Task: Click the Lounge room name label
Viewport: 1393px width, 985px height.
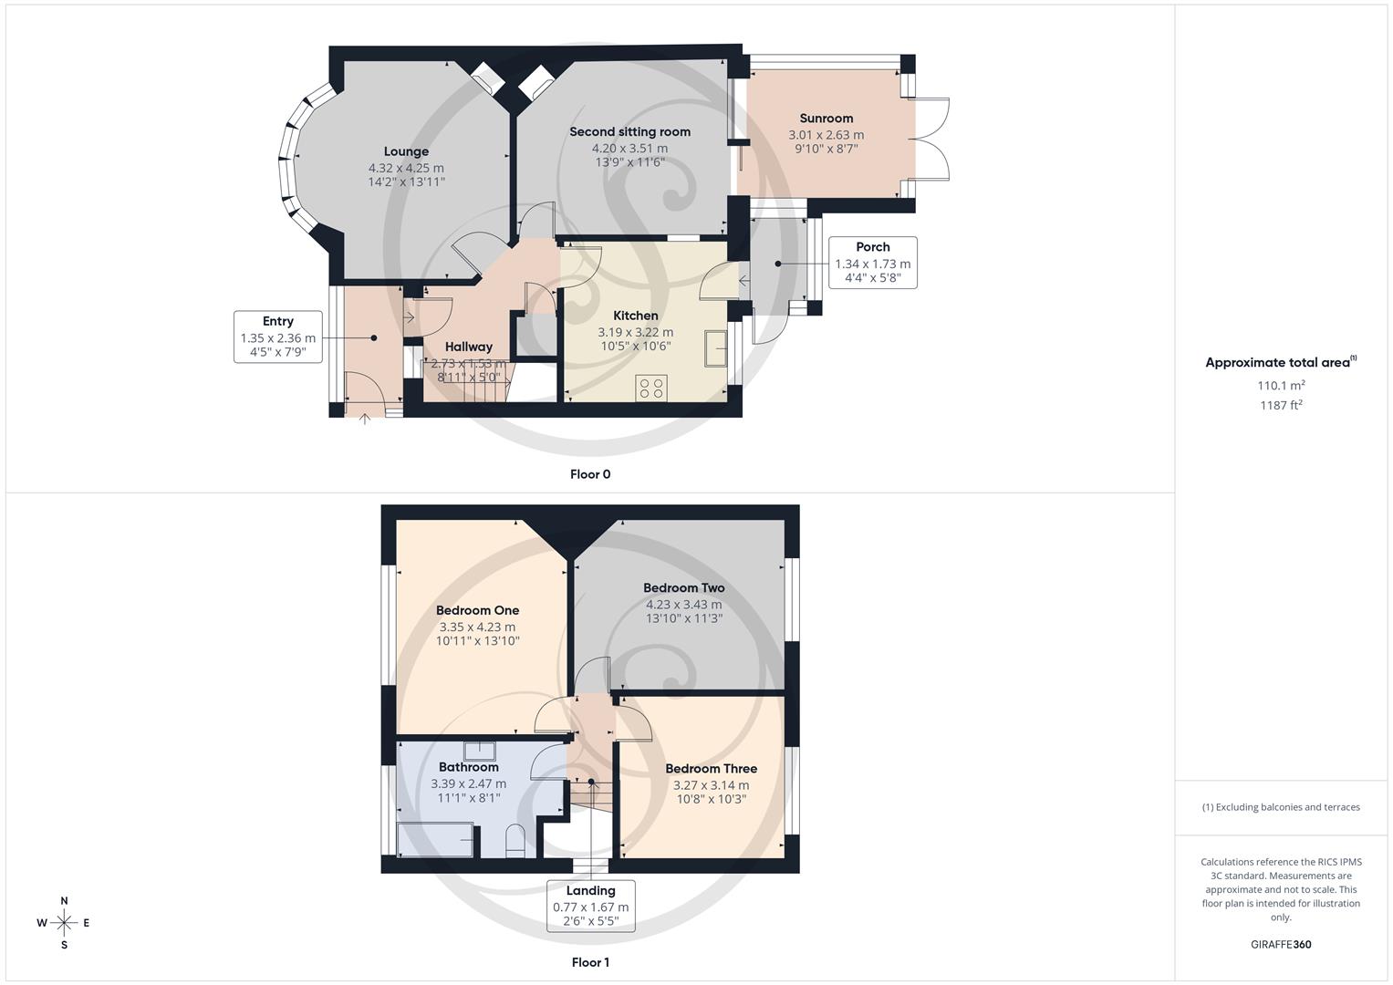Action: pyautogui.click(x=406, y=151)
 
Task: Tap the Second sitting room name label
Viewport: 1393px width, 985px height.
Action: pyautogui.click(x=629, y=131)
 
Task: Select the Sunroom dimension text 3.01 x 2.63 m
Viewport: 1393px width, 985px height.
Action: pyautogui.click(x=826, y=135)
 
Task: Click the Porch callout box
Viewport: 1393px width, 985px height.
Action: pyautogui.click(x=872, y=262)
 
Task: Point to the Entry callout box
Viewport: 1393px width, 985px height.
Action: pyautogui.click(x=278, y=337)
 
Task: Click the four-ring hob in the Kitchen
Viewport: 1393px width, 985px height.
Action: pyautogui.click(x=651, y=388)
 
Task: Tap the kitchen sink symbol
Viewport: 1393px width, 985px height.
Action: pyautogui.click(x=715, y=348)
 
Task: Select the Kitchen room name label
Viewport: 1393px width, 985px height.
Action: pyautogui.click(x=635, y=316)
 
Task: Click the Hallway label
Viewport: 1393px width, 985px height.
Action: pyautogui.click(x=468, y=347)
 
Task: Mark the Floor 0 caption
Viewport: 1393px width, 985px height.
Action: pyautogui.click(x=590, y=474)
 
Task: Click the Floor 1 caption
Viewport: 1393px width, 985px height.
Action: pyautogui.click(x=590, y=962)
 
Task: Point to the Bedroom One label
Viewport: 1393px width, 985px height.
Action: pyautogui.click(x=477, y=610)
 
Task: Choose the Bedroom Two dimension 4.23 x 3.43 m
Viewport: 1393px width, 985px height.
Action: pyautogui.click(x=683, y=604)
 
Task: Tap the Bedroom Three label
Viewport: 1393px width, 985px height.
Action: pyautogui.click(x=711, y=769)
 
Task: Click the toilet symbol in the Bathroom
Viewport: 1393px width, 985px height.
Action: pyautogui.click(x=515, y=841)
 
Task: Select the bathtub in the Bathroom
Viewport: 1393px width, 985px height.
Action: pyautogui.click(x=436, y=839)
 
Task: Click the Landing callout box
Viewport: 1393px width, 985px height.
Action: pyautogui.click(x=590, y=905)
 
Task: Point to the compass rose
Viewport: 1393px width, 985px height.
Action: pyautogui.click(x=64, y=922)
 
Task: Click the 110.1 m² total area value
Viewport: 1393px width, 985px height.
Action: pyautogui.click(x=1281, y=386)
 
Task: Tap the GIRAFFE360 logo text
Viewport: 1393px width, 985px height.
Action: pyautogui.click(x=1281, y=944)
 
